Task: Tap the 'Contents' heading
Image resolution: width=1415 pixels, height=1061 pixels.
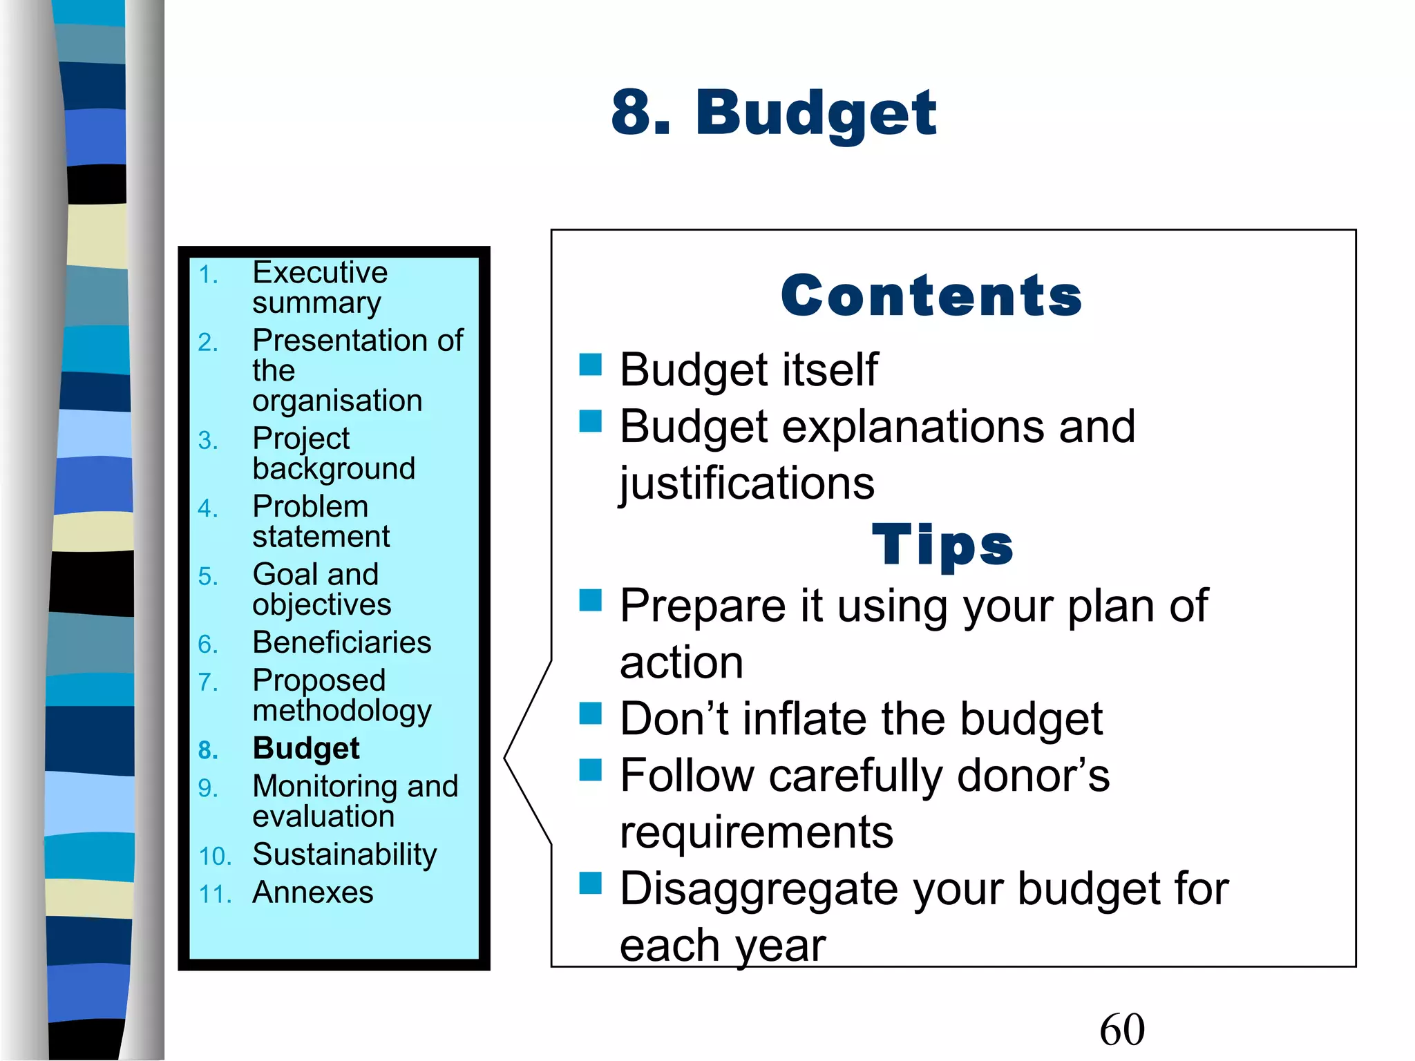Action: (931, 296)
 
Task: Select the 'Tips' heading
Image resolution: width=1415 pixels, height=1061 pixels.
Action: (942, 544)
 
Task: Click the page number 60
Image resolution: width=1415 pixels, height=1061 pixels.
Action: (1121, 1029)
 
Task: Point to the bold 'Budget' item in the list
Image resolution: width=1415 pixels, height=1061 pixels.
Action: (306, 748)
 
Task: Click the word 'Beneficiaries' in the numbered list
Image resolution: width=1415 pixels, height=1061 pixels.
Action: (342, 642)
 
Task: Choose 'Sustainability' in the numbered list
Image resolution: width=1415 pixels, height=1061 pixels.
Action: (345, 855)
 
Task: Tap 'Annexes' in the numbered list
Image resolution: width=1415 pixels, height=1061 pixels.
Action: (313, 892)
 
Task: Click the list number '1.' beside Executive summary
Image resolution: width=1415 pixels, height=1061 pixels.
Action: (208, 275)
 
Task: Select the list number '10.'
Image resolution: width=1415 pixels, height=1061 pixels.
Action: (215, 857)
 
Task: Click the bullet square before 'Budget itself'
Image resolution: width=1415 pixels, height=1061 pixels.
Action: (591, 364)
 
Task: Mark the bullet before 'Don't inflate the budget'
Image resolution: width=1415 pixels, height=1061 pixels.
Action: (591, 713)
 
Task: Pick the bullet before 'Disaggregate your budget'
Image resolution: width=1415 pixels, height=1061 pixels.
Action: (591, 882)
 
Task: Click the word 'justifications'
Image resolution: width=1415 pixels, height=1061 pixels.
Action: (747, 483)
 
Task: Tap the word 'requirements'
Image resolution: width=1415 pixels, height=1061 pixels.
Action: (757, 832)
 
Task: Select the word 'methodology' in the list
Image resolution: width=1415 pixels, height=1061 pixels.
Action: (342, 711)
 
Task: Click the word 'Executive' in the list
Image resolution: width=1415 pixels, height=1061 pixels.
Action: (320, 272)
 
